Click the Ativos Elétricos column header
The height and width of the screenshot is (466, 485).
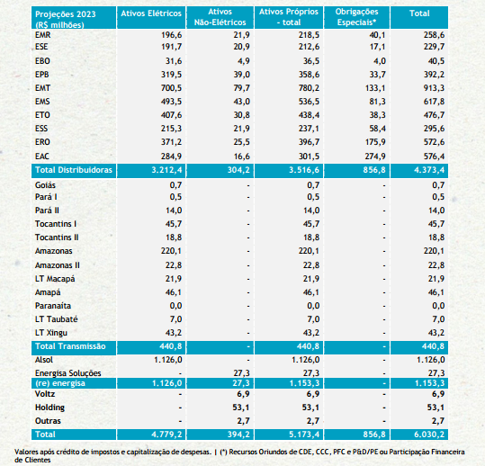click(151, 13)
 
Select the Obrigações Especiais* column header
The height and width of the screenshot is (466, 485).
click(356, 17)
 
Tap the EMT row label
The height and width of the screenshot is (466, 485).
click(42, 88)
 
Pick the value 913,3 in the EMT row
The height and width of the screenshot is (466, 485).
click(434, 88)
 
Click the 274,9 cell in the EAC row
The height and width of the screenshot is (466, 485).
click(375, 157)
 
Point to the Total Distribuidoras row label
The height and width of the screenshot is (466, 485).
click(74, 170)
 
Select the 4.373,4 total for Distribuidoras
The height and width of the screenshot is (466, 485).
click(429, 170)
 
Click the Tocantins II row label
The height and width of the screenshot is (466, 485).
click(57, 237)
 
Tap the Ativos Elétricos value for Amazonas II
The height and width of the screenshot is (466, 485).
click(173, 265)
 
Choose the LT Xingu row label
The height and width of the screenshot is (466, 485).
click(51, 333)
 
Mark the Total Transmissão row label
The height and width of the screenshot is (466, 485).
click(70, 346)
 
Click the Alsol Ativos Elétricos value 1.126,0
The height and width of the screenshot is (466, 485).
click(168, 360)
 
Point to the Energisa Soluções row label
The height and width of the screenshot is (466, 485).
click(68, 373)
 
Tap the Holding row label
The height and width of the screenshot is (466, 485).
click(49, 408)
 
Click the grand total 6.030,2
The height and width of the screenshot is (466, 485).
click(429, 435)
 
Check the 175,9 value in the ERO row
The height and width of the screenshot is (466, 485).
click(375, 142)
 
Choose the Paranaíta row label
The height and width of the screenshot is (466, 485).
click(53, 306)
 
